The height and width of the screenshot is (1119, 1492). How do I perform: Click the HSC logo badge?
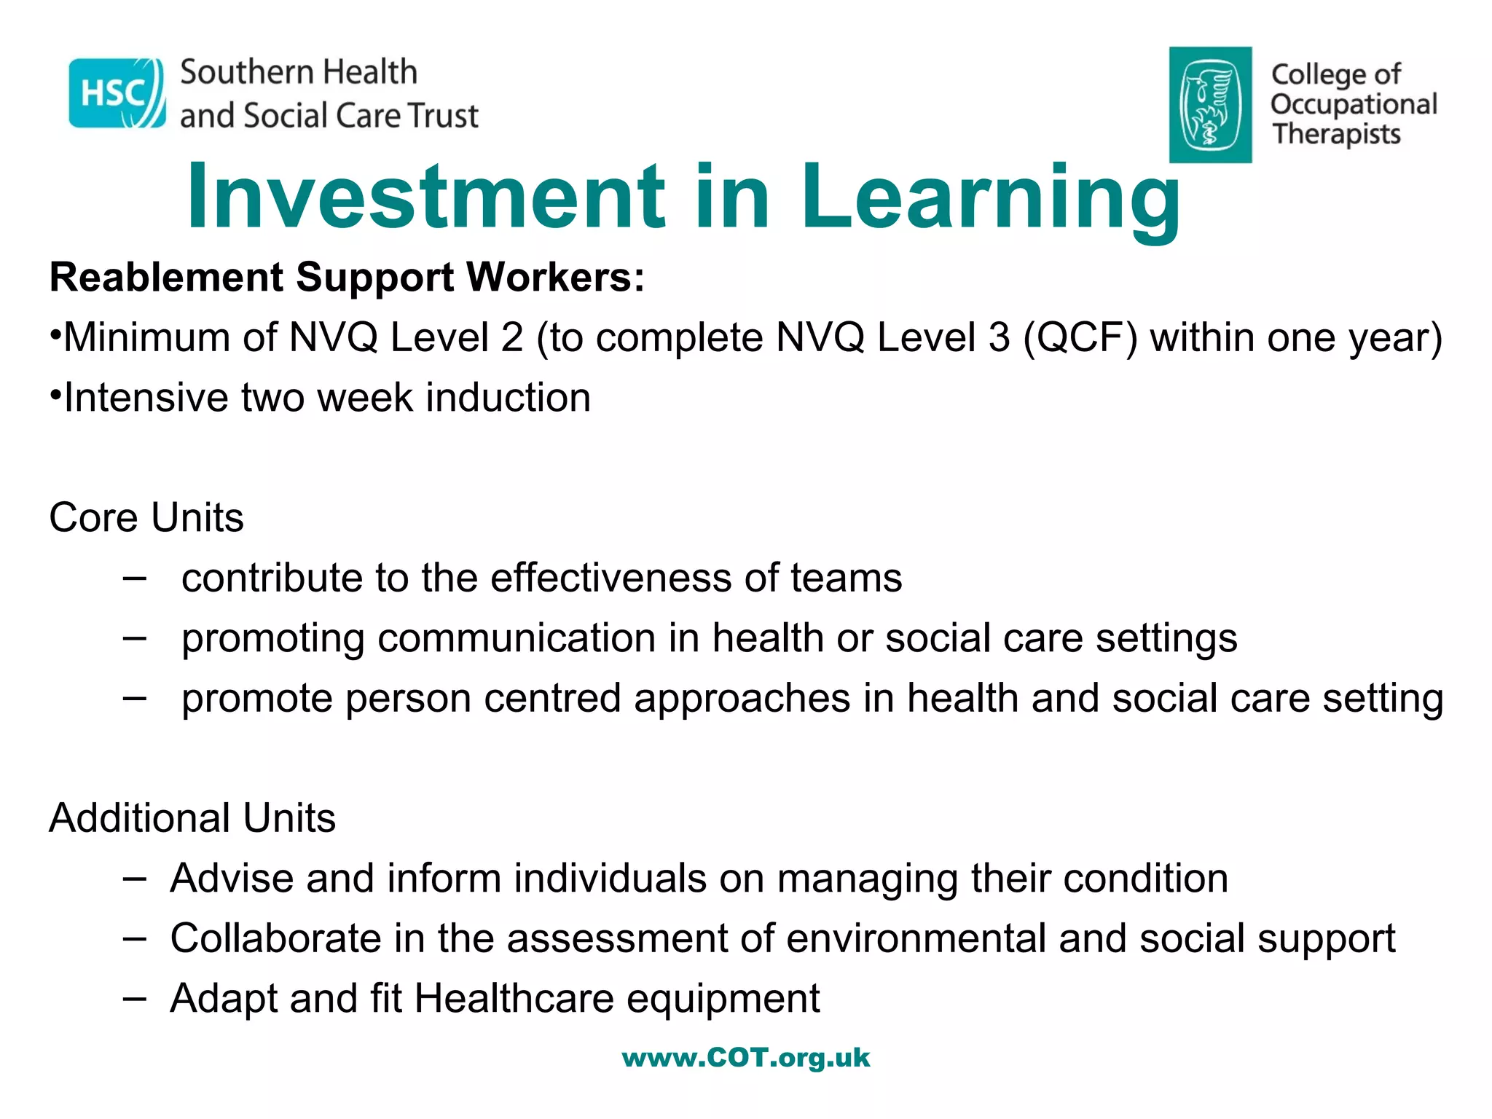pyautogui.click(x=117, y=93)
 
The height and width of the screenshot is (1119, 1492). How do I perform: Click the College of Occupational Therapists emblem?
pyautogui.click(x=1210, y=104)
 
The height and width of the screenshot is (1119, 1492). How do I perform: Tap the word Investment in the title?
pyautogui.click(x=426, y=197)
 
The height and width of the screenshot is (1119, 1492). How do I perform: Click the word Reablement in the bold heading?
pyautogui.click(x=165, y=278)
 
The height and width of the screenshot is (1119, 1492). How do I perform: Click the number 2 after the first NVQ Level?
pyautogui.click(x=512, y=338)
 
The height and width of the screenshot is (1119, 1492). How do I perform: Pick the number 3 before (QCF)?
pyautogui.click(x=999, y=338)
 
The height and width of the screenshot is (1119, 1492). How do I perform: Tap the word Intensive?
pyautogui.click(x=145, y=398)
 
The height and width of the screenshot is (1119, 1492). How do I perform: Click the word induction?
pyautogui.click(x=508, y=398)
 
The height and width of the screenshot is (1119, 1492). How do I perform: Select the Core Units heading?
pyautogui.click(x=146, y=518)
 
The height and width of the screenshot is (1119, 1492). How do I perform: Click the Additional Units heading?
pyautogui.click(x=192, y=818)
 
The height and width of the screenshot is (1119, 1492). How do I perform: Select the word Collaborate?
pyautogui.click(x=275, y=938)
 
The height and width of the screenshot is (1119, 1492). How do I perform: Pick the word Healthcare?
pyautogui.click(x=514, y=999)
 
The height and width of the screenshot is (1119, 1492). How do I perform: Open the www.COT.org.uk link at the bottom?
pyautogui.click(x=746, y=1058)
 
